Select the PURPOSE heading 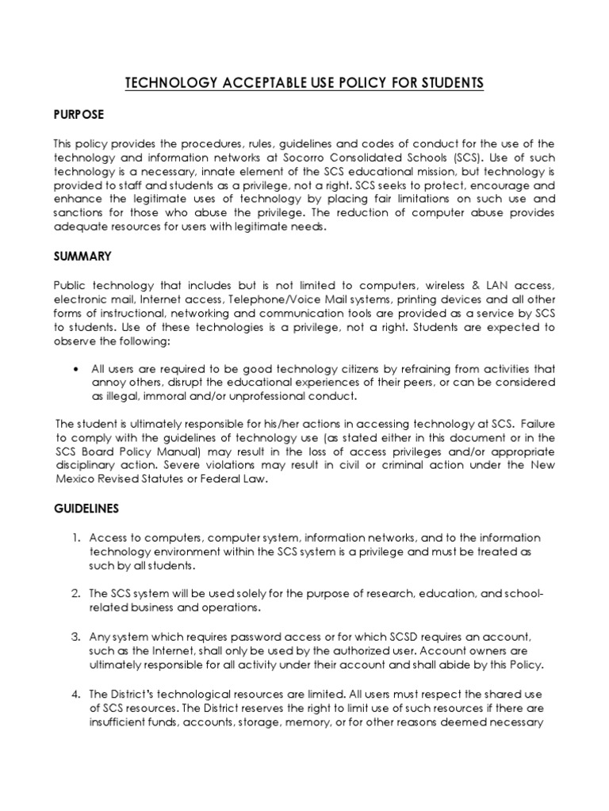click(x=79, y=115)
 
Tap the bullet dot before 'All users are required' click(x=75, y=368)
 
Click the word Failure click(x=534, y=422)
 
